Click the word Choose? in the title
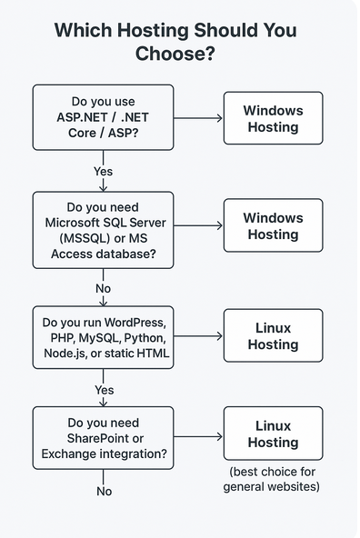pos(179,55)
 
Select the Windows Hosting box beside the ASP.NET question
pos(273,118)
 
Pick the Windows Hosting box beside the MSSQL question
pos(273,225)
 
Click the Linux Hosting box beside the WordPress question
pos(273,335)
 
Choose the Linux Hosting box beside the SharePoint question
pos(273,433)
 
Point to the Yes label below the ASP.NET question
pos(104,170)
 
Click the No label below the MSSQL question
pos(104,288)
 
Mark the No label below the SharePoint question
pos(104,491)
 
